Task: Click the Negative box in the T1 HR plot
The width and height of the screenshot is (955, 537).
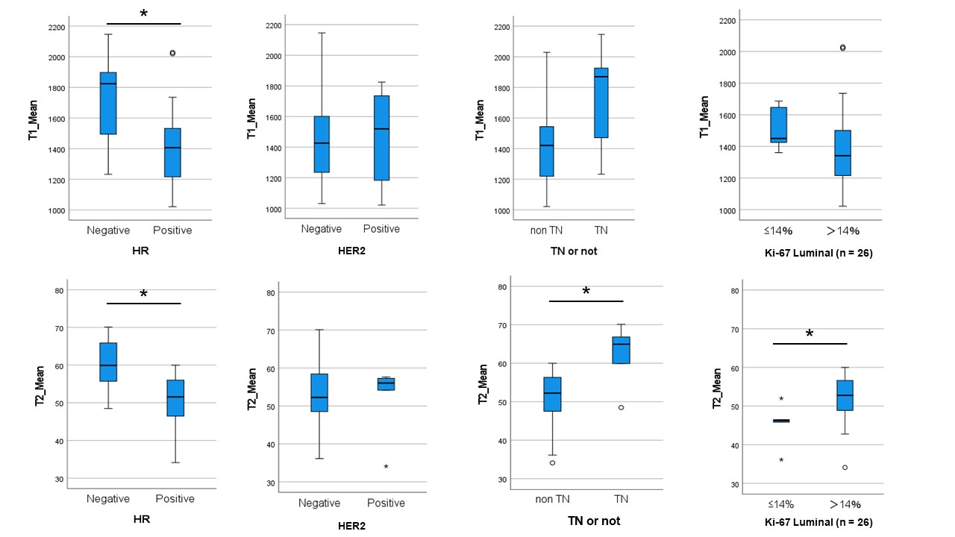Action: (x=107, y=103)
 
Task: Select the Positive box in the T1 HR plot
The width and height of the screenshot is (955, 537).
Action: (x=172, y=152)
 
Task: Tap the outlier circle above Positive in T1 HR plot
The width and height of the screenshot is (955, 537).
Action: (x=172, y=53)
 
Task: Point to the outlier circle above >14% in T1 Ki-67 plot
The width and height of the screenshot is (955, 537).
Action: (x=842, y=48)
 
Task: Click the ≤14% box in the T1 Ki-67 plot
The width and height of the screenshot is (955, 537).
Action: (x=778, y=125)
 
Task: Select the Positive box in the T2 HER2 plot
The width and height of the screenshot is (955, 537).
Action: (x=386, y=383)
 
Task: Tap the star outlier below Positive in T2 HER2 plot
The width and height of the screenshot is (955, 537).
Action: (x=386, y=466)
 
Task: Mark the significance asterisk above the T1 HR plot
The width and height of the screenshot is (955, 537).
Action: (x=144, y=14)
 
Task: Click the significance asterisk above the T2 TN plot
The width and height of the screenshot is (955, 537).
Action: (x=586, y=291)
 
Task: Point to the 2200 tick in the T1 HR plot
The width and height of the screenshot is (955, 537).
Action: (x=56, y=27)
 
